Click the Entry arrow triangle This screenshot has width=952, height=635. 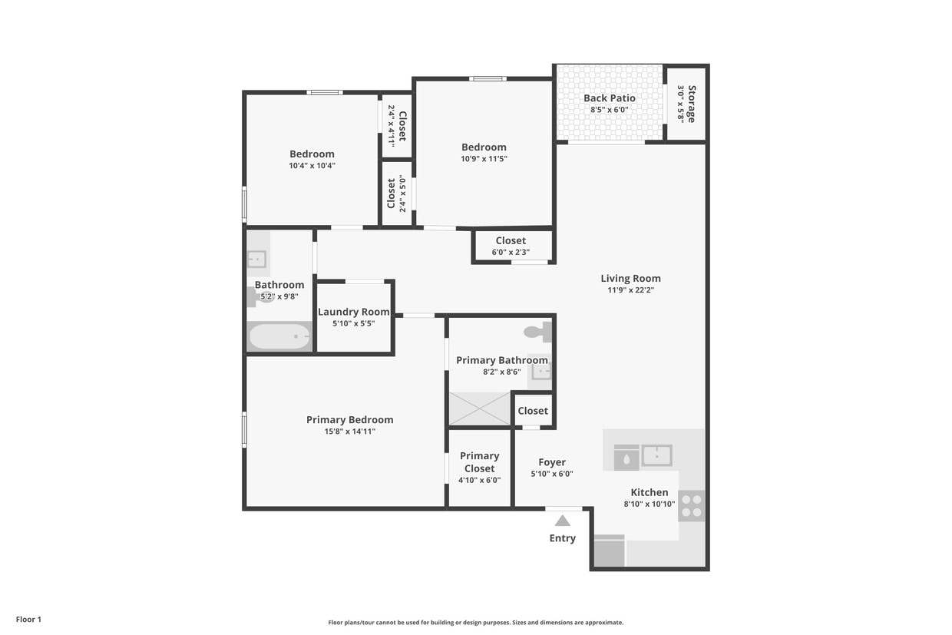pyautogui.click(x=563, y=521)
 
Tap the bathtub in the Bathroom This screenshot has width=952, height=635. pyautogui.click(x=279, y=336)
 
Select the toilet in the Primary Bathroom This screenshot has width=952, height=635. pyautogui.click(x=537, y=332)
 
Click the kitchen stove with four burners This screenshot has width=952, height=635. pyautogui.click(x=691, y=505)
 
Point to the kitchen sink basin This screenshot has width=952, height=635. pyautogui.click(x=656, y=455)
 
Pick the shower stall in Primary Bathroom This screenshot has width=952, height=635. pyautogui.click(x=480, y=408)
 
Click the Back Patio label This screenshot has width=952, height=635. pyautogui.click(x=610, y=98)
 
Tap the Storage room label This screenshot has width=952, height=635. pyautogui.click(x=691, y=104)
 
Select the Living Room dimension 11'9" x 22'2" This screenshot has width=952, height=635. pyautogui.click(x=630, y=290)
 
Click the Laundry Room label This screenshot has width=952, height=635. pyautogui.click(x=354, y=312)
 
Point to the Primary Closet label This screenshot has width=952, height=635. pyautogui.click(x=479, y=462)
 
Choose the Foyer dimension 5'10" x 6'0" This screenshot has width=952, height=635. pyautogui.click(x=551, y=474)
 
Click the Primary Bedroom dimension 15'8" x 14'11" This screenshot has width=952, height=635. pyautogui.click(x=349, y=432)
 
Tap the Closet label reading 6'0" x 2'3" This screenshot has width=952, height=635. pyautogui.click(x=511, y=252)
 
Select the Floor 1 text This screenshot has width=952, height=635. pyautogui.click(x=28, y=619)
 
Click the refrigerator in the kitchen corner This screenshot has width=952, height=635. pyautogui.click(x=610, y=551)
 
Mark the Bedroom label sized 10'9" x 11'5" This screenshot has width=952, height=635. pyautogui.click(x=484, y=147)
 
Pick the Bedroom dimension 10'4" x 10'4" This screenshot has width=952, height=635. pyautogui.click(x=312, y=165)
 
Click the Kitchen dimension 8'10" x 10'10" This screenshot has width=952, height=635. pyautogui.click(x=649, y=504)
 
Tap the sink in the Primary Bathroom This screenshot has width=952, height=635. pyautogui.click(x=541, y=372)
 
